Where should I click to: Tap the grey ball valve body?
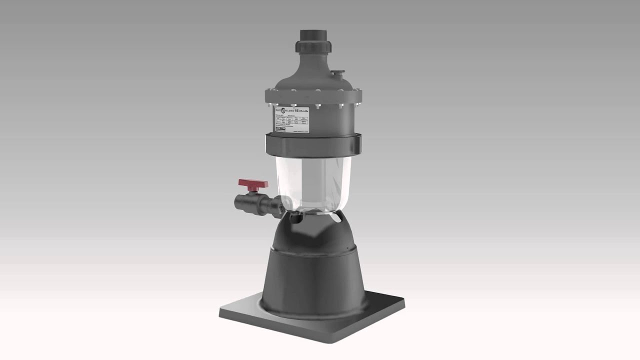(x=248, y=204)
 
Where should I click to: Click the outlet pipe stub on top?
(x=312, y=36)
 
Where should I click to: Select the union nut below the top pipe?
(x=312, y=48)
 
